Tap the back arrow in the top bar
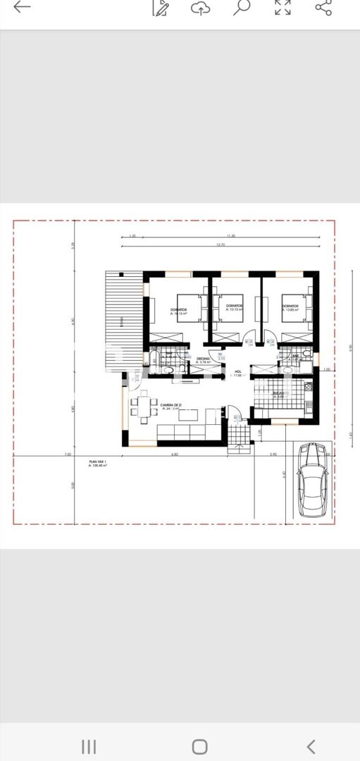22,8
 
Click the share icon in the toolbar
323,8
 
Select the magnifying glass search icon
242,8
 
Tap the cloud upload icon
201,8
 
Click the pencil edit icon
161,8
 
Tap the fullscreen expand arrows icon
283,8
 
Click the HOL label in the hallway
238,371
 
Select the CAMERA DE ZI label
171,405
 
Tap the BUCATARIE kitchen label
283,393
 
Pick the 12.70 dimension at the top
221,245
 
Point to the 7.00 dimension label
68,454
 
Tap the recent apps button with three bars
89,746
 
